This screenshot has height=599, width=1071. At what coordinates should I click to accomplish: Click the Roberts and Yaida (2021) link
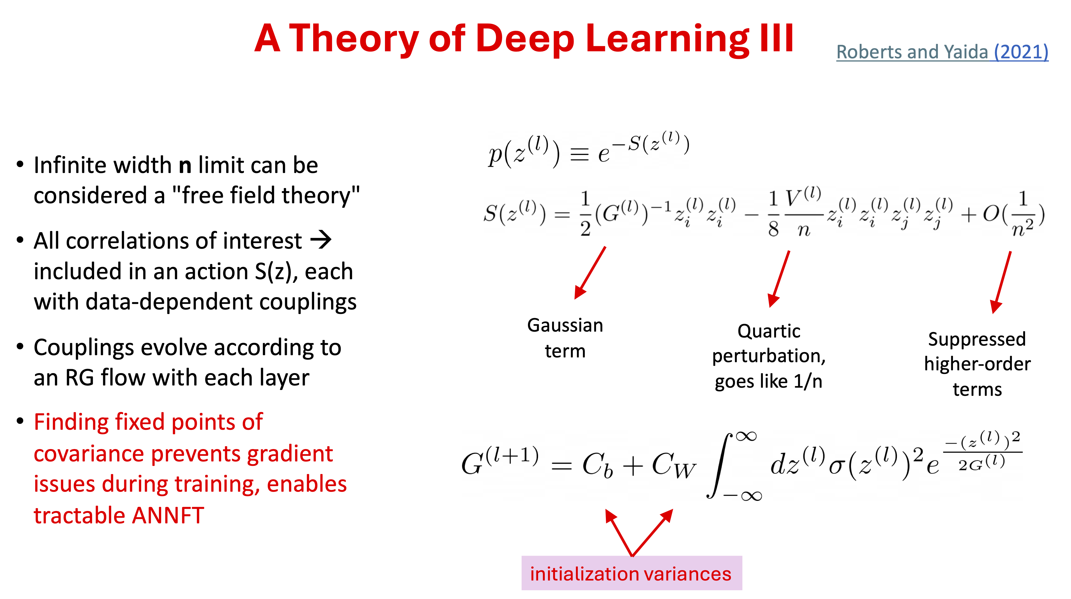point(942,52)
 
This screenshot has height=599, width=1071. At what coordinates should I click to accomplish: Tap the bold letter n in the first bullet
point(185,165)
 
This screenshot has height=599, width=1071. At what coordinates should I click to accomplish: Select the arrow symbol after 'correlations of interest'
point(321,240)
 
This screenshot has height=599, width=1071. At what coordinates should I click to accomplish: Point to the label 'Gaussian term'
point(565,338)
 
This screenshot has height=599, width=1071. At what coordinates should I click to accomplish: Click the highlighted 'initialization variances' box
point(632,573)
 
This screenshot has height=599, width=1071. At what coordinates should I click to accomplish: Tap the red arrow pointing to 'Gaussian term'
point(590,273)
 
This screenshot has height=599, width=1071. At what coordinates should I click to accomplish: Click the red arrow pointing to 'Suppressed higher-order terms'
point(1001,282)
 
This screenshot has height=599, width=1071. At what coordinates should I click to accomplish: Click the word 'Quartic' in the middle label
point(769,331)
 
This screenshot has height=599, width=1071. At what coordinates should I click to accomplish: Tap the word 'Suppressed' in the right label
point(977,339)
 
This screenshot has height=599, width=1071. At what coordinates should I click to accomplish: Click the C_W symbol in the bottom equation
point(673,466)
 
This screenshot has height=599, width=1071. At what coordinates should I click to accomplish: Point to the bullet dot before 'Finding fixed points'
point(20,421)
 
